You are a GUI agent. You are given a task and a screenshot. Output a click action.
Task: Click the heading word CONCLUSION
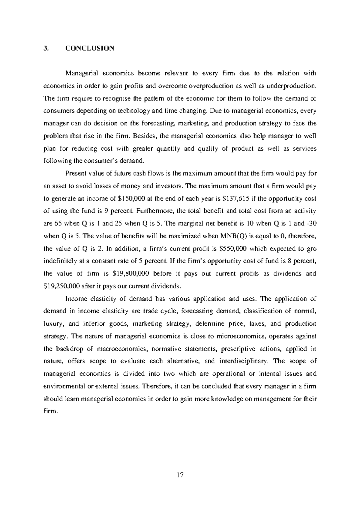click(90, 48)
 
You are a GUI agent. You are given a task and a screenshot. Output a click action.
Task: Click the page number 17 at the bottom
click(180, 475)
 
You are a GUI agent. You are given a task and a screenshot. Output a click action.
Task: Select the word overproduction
click(211, 86)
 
